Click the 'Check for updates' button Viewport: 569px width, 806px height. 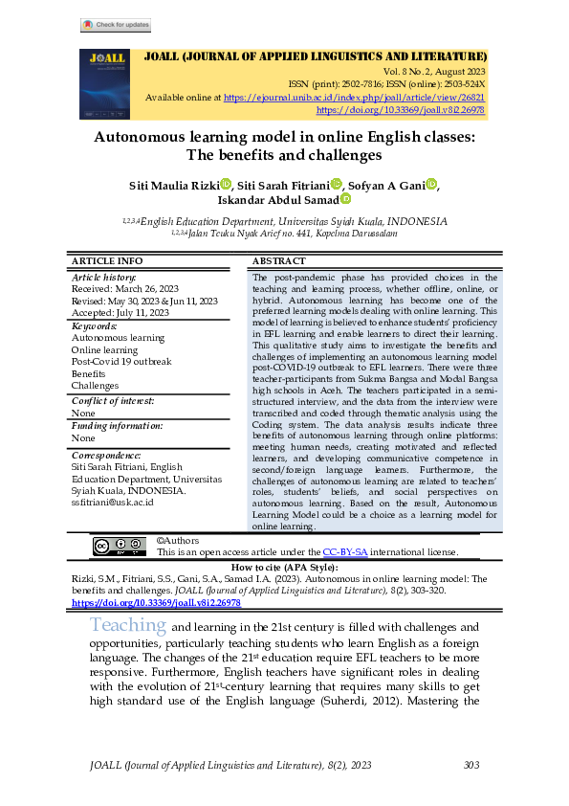[115, 25]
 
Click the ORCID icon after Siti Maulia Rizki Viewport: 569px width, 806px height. [226, 184]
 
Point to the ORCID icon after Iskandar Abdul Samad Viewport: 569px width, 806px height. [345, 199]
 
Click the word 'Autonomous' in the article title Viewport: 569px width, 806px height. [148, 137]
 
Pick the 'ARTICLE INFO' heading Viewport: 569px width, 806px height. [107, 261]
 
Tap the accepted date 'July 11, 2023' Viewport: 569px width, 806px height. [144, 312]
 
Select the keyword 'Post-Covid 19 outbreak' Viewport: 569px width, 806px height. [121, 362]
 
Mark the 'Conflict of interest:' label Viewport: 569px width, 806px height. [113, 401]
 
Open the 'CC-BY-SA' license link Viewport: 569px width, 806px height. [342, 552]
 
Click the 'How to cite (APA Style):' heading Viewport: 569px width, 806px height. [284, 568]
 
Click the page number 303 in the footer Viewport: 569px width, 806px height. [471, 764]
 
